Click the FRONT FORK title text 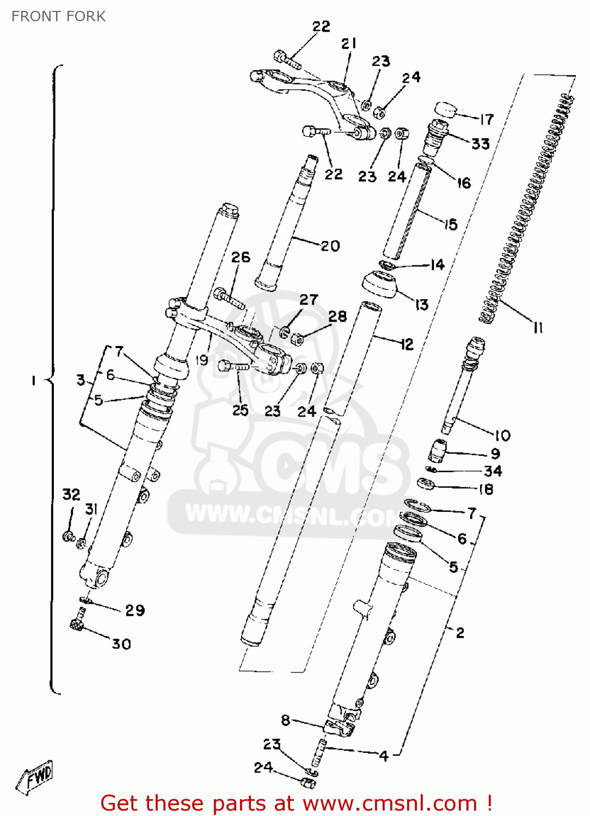58,16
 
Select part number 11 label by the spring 538,327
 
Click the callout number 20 330,246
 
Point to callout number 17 486,119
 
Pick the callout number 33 480,144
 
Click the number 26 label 241,257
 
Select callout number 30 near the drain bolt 121,644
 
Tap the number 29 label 135,610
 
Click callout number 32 71,494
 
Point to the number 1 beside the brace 34,380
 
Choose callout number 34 493,471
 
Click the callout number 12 406,344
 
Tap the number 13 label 422,305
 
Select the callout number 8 286,720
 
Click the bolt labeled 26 229,298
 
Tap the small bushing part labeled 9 438,451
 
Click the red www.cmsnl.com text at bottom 389,803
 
